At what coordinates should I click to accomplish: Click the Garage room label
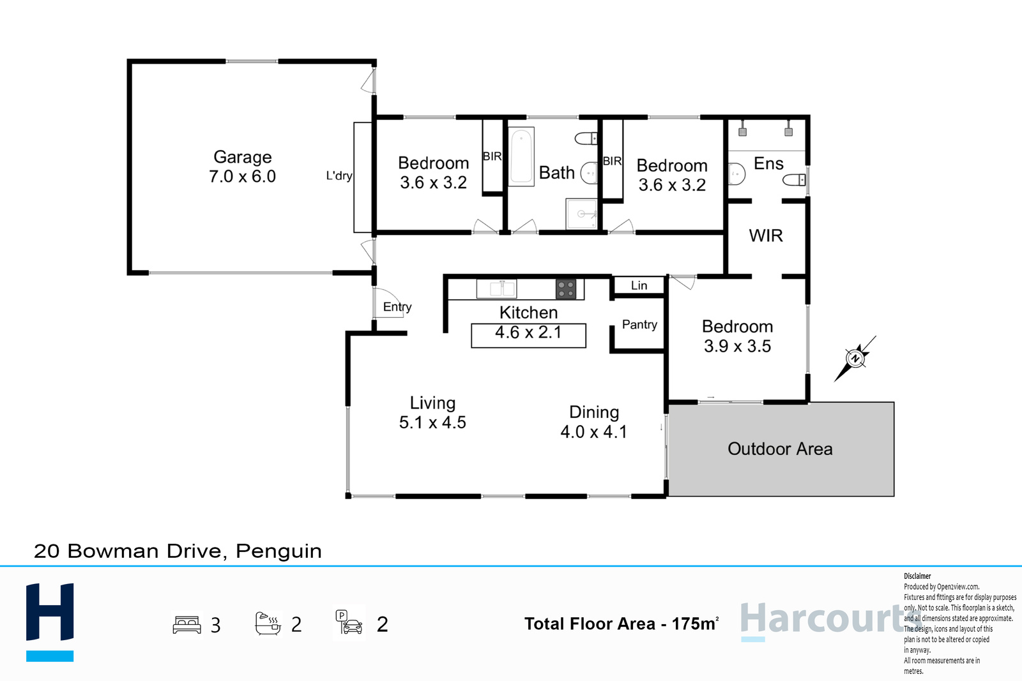point(243,157)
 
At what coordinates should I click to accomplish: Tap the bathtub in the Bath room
point(521,156)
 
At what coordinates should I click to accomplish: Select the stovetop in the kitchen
point(566,289)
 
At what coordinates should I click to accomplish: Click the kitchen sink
point(496,288)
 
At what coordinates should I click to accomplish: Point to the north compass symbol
point(855,358)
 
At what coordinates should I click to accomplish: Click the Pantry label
point(639,325)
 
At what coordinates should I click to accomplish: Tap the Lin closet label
point(639,285)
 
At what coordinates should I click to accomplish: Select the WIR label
point(766,236)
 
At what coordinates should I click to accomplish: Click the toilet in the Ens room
point(795,180)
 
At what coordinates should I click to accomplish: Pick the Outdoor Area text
point(780,449)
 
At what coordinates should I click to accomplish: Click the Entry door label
point(397,307)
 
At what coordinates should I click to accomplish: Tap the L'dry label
point(339,176)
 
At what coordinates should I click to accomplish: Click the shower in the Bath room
point(582,213)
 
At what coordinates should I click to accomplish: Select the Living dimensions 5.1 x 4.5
point(432,423)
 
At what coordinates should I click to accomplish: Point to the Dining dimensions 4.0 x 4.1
point(593,431)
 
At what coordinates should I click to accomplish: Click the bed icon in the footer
point(187,624)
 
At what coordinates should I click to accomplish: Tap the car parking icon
point(349,623)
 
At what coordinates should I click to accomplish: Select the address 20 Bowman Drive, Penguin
point(178,551)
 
